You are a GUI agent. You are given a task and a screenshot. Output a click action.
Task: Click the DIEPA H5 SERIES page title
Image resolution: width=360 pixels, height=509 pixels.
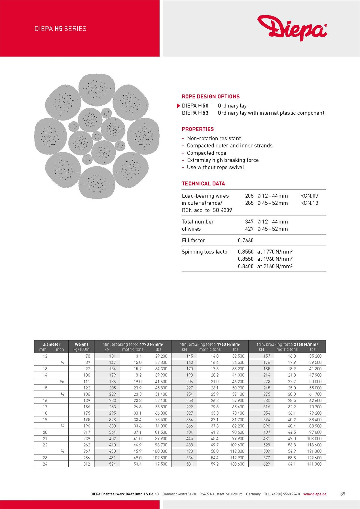[60, 29]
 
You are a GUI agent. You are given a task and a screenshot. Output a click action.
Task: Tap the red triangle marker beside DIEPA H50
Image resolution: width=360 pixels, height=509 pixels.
[178, 106]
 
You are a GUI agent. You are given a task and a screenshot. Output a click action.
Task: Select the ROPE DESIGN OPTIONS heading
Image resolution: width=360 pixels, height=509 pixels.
[211, 96]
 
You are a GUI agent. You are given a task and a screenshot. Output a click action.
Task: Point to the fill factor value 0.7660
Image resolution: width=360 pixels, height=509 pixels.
[245, 240]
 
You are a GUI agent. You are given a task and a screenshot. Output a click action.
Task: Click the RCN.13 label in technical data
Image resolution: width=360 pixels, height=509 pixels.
[309, 203]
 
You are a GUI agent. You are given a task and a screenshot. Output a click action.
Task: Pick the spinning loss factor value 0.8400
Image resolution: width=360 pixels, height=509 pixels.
[245, 266]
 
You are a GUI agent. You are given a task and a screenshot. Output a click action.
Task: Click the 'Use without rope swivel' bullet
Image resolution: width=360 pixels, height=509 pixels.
[215, 167]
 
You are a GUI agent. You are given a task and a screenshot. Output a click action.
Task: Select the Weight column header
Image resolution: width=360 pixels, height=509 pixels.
[81, 344]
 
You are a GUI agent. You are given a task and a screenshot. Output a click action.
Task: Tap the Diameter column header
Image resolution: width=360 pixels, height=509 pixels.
[51, 344]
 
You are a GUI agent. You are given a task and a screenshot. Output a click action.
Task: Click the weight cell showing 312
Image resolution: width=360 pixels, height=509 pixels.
[86, 464]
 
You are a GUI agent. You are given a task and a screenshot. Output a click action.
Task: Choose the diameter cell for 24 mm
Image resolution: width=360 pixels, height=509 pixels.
[45, 464]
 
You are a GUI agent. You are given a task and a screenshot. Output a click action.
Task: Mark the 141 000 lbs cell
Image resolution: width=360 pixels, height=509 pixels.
[314, 464]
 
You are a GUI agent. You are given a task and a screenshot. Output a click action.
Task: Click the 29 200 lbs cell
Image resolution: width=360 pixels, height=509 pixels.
[161, 356]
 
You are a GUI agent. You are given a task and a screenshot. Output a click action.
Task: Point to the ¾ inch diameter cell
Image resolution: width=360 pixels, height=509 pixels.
[62, 426]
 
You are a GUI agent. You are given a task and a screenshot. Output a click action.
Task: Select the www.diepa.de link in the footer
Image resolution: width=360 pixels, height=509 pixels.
[315, 494]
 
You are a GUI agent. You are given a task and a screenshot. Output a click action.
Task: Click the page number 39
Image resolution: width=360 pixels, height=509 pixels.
[342, 494]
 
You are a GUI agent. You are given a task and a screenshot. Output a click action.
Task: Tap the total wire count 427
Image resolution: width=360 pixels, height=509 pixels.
[249, 229]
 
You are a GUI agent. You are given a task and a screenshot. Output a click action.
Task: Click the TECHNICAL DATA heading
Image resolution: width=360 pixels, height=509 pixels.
[203, 183]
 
